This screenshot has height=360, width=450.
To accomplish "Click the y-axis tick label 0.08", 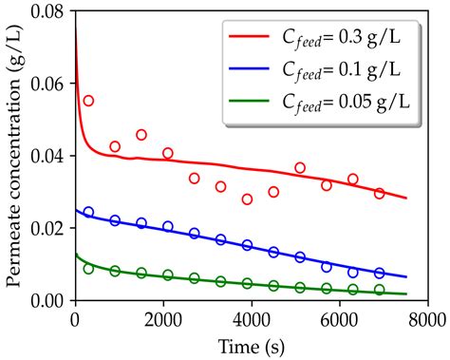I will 50,12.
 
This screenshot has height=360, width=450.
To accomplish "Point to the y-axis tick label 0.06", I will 50,85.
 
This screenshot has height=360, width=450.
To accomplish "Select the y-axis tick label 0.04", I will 50,157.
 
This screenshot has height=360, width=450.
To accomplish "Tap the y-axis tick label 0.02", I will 50,229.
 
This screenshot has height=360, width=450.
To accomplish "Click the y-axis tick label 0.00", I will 50,301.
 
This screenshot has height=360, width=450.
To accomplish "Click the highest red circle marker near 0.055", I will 88,101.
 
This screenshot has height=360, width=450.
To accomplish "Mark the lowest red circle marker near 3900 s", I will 247,199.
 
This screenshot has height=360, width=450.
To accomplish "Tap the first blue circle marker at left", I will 88,213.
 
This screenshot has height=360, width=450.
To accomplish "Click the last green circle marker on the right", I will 379,290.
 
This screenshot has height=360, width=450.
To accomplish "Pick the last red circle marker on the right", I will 379,194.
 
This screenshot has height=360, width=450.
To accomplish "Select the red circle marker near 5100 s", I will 300,168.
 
